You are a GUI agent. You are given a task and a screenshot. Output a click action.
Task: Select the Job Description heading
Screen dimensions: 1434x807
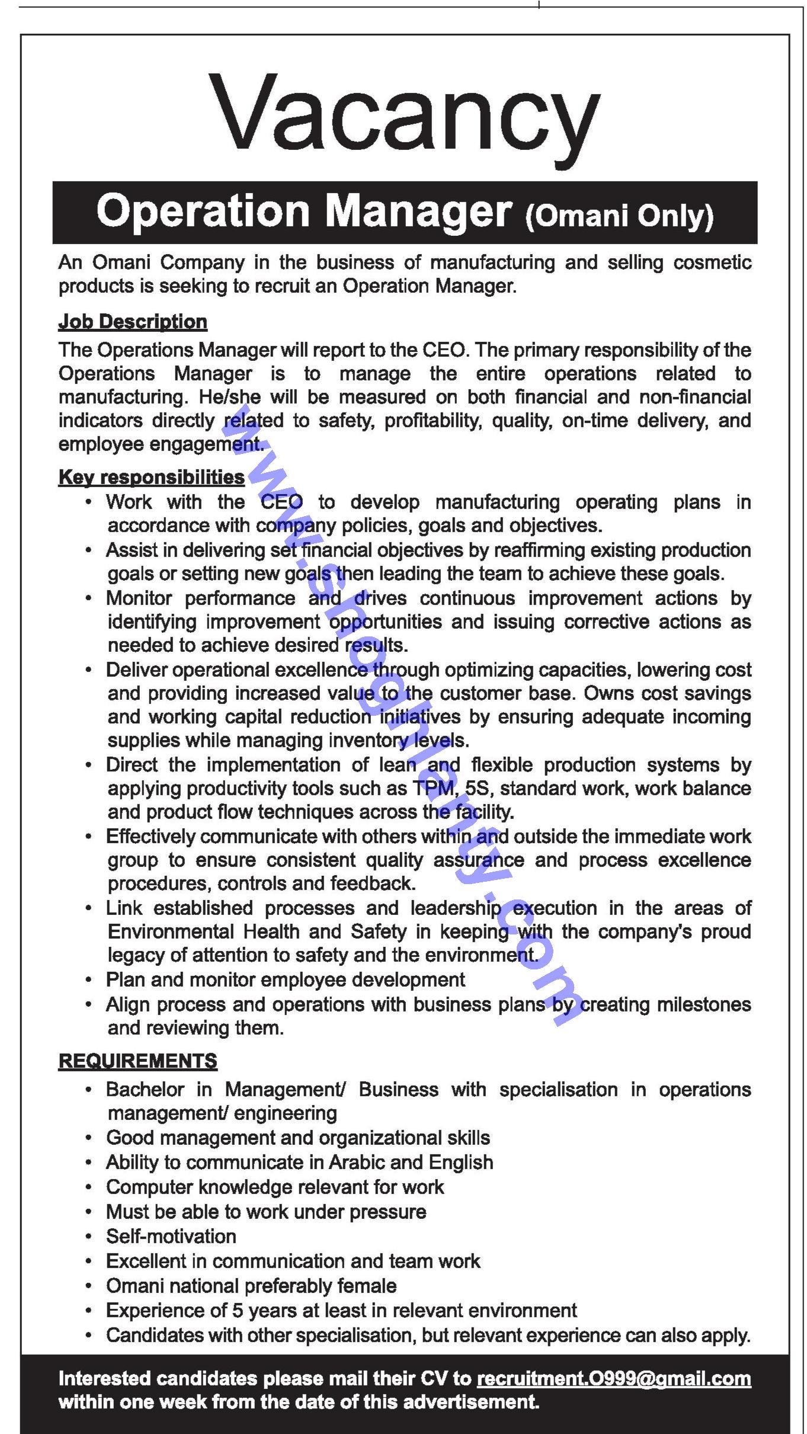coord(133,322)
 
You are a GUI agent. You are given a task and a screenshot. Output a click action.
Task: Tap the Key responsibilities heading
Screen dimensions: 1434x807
coord(151,477)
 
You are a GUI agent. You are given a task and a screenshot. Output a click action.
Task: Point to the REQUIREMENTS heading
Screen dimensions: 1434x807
coord(137,1061)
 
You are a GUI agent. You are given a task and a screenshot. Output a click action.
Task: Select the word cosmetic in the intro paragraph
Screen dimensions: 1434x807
coord(713,263)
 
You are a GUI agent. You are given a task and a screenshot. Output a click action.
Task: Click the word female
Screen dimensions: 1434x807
coord(367,1286)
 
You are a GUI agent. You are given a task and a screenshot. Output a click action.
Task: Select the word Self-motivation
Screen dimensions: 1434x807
coord(171,1236)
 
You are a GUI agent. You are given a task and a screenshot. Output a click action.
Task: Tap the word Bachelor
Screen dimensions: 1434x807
coord(145,1089)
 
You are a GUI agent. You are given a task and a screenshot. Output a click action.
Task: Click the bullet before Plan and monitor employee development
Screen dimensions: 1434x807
coord(88,980)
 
